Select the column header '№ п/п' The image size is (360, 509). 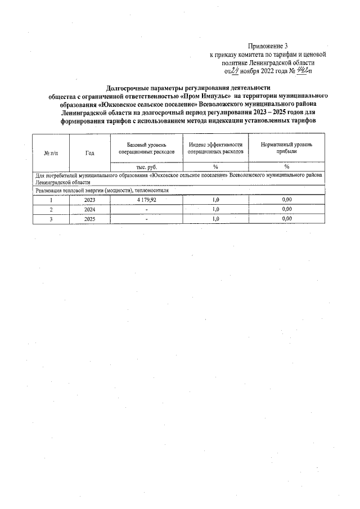tap(51, 152)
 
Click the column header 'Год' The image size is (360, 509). tap(90, 152)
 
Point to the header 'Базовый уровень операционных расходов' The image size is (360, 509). tap(146, 148)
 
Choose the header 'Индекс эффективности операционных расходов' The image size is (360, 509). tap(215, 148)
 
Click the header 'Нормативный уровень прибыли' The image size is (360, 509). tap(286, 148)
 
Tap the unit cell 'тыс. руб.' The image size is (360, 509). tap(146, 167)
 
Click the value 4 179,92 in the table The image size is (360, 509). tap(146, 200)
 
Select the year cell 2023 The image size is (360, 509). tap(90, 200)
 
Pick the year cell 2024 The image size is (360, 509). tap(90, 209)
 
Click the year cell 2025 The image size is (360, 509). tap(90, 219)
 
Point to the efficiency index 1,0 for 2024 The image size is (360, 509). tap(215, 209)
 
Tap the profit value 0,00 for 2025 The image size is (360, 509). tap(286, 219)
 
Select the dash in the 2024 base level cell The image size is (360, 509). tap(146, 209)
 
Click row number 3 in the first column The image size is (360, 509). tap(51, 219)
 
